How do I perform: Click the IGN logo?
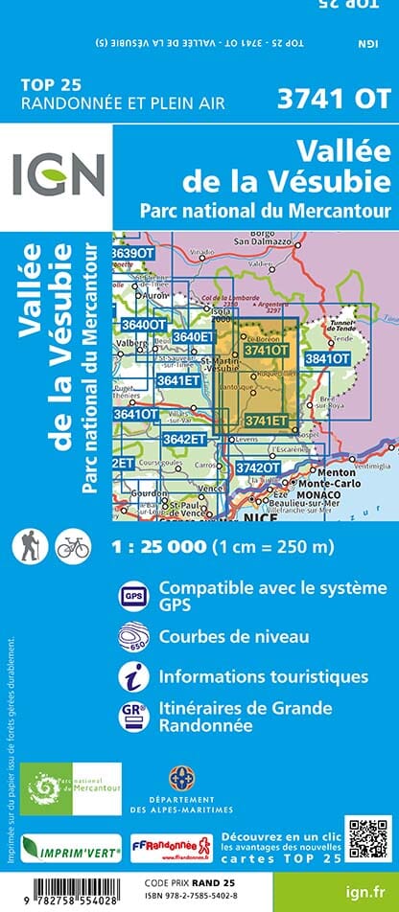pyautogui.click(x=59, y=175)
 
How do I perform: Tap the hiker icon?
pyautogui.click(x=27, y=547)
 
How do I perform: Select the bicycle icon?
pyautogui.click(x=73, y=547)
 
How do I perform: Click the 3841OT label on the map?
pyautogui.click(x=326, y=358)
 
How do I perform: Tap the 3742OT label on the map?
pyautogui.click(x=259, y=467)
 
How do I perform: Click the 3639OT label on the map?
pyautogui.click(x=132, y=253)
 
